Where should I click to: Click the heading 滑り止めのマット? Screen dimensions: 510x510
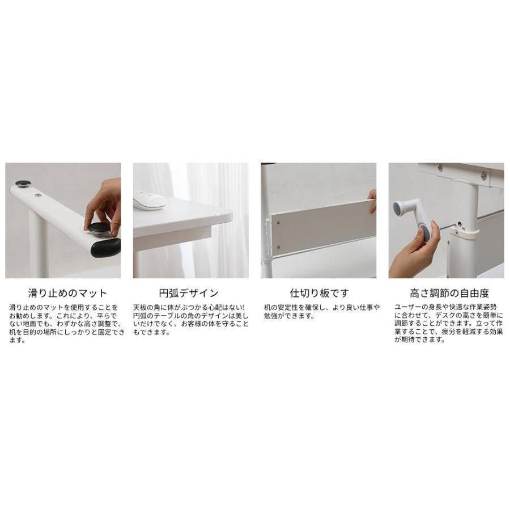[x=67, y=294]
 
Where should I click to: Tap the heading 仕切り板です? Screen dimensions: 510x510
[x=320, y=294]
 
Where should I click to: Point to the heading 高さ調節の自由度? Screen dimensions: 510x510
[x=449, y=294]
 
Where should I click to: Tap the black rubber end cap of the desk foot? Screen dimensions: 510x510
[x=107, y=246]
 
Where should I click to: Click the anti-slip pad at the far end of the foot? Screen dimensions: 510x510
[x=23, y=184]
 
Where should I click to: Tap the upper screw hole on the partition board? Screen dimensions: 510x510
[x=278, y=222]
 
